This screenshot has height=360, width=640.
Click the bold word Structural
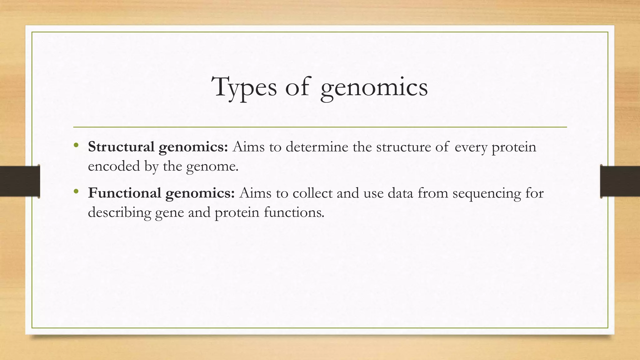coord(121,147)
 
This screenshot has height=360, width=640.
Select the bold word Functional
coord(124,193)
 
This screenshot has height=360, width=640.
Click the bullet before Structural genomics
coord(76,145)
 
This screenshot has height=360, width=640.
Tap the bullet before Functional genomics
coord(76,191)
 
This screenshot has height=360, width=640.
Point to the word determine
coord(317,147)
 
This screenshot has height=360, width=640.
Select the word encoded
coord(114,166)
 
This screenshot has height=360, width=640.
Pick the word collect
coord(312,193)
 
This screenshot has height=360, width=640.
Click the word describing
coord(119,212)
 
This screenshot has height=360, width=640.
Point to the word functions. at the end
coord(294,212)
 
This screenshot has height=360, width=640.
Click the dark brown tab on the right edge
coord(620,181)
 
